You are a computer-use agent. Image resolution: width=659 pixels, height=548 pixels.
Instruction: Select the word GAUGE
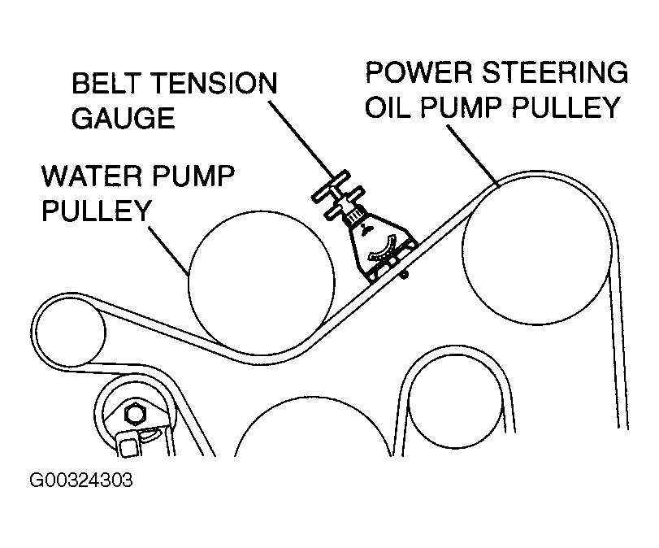[124, 119]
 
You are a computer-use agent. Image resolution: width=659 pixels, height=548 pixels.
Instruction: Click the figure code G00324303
[81, 480]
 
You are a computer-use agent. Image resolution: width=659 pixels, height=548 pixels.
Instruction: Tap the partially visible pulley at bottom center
[313, 431]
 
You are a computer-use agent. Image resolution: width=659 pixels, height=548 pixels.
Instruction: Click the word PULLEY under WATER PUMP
[97, 211]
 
